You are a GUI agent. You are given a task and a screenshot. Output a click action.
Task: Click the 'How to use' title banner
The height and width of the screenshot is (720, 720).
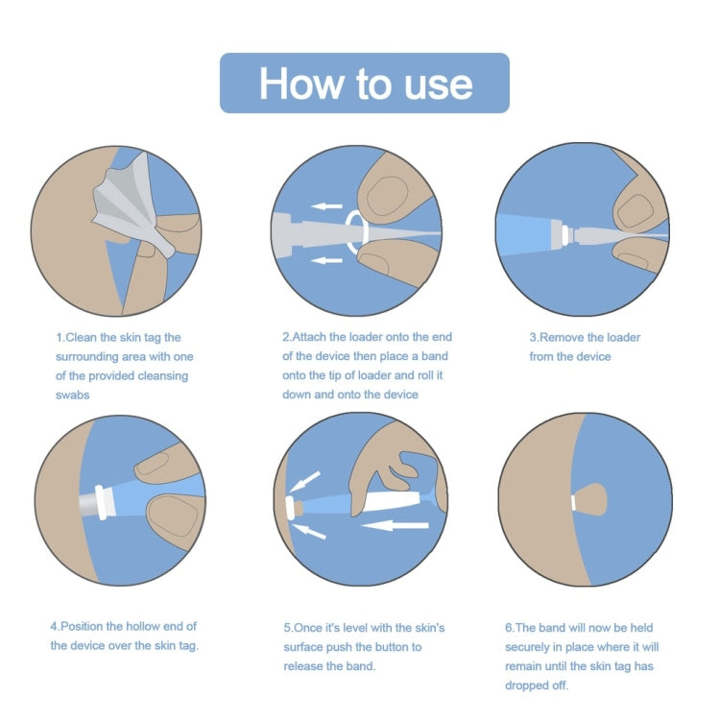(x=364, y=84)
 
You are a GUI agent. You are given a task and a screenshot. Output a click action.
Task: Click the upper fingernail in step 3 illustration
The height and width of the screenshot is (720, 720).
(x=635, y=209)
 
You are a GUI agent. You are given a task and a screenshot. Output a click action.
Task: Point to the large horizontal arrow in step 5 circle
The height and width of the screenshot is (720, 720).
(x=395, y=524)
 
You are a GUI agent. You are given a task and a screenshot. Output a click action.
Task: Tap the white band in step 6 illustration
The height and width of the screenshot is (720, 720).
(x=573, y=502)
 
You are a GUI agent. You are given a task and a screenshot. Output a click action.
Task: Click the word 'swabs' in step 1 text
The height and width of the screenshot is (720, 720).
(x=73, y=395)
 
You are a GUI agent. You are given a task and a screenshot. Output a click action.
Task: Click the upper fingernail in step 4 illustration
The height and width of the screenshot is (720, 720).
(x=159, y=468)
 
